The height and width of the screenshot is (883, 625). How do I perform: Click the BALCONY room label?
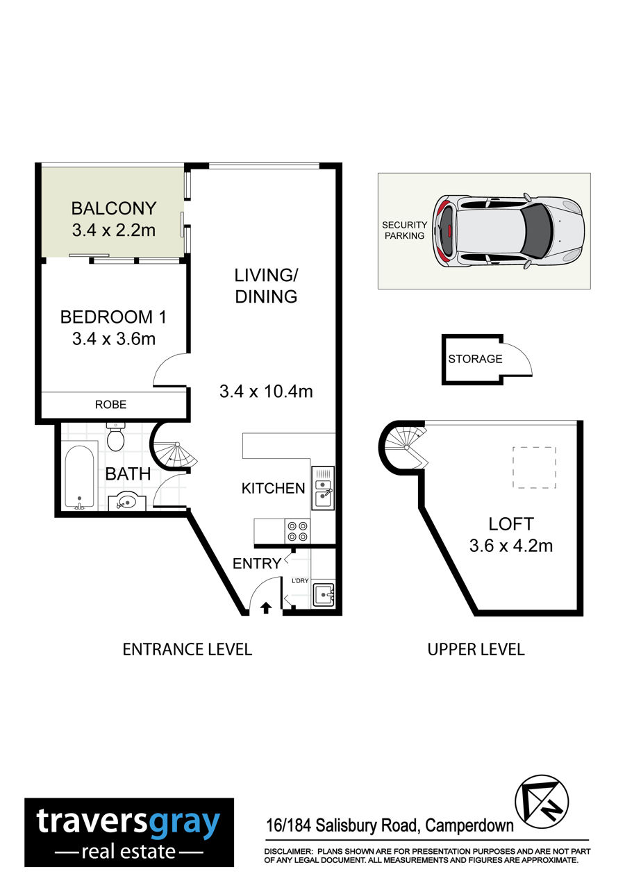coord(114,208)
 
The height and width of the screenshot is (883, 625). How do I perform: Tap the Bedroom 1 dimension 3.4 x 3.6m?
coord(114,339)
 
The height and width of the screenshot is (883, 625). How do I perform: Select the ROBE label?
coord(111,405)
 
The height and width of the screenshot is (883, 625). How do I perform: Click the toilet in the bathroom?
coord(115,437)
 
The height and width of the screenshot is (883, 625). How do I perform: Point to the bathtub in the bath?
coord(79,477)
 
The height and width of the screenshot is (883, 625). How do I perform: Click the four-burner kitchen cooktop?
coord(297,531)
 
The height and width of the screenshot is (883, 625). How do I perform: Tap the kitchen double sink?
coord(323,487)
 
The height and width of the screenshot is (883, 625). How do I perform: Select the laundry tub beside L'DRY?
coord(324,595)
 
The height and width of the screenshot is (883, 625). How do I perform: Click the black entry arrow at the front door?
coord(266,608)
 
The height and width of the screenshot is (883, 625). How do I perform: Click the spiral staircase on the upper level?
coord(403,448)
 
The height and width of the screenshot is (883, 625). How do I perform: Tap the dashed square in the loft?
coord(534,467)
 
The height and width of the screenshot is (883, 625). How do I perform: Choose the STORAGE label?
coord(475,359)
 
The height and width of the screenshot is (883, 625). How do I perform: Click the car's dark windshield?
coord(536,230)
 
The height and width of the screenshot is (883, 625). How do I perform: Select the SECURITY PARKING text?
coord(404,230)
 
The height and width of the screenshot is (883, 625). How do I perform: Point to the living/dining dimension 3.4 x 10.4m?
coord(266,392)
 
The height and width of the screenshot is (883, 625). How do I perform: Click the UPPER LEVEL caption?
coord(476,649)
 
